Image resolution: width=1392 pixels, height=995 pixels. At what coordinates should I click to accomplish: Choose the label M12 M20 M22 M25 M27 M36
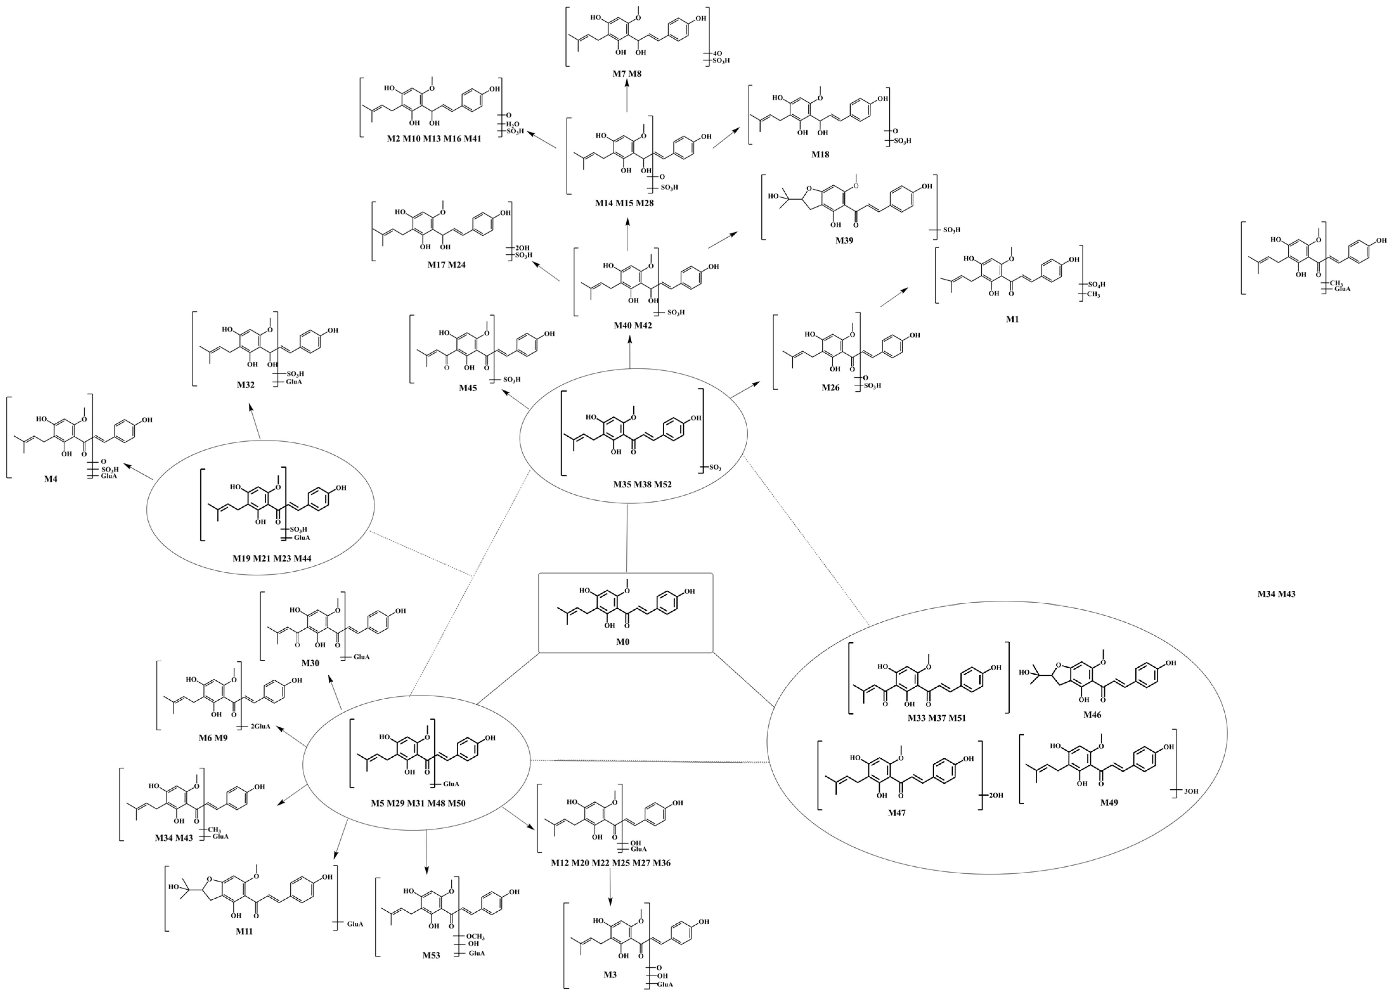point(610,863)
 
